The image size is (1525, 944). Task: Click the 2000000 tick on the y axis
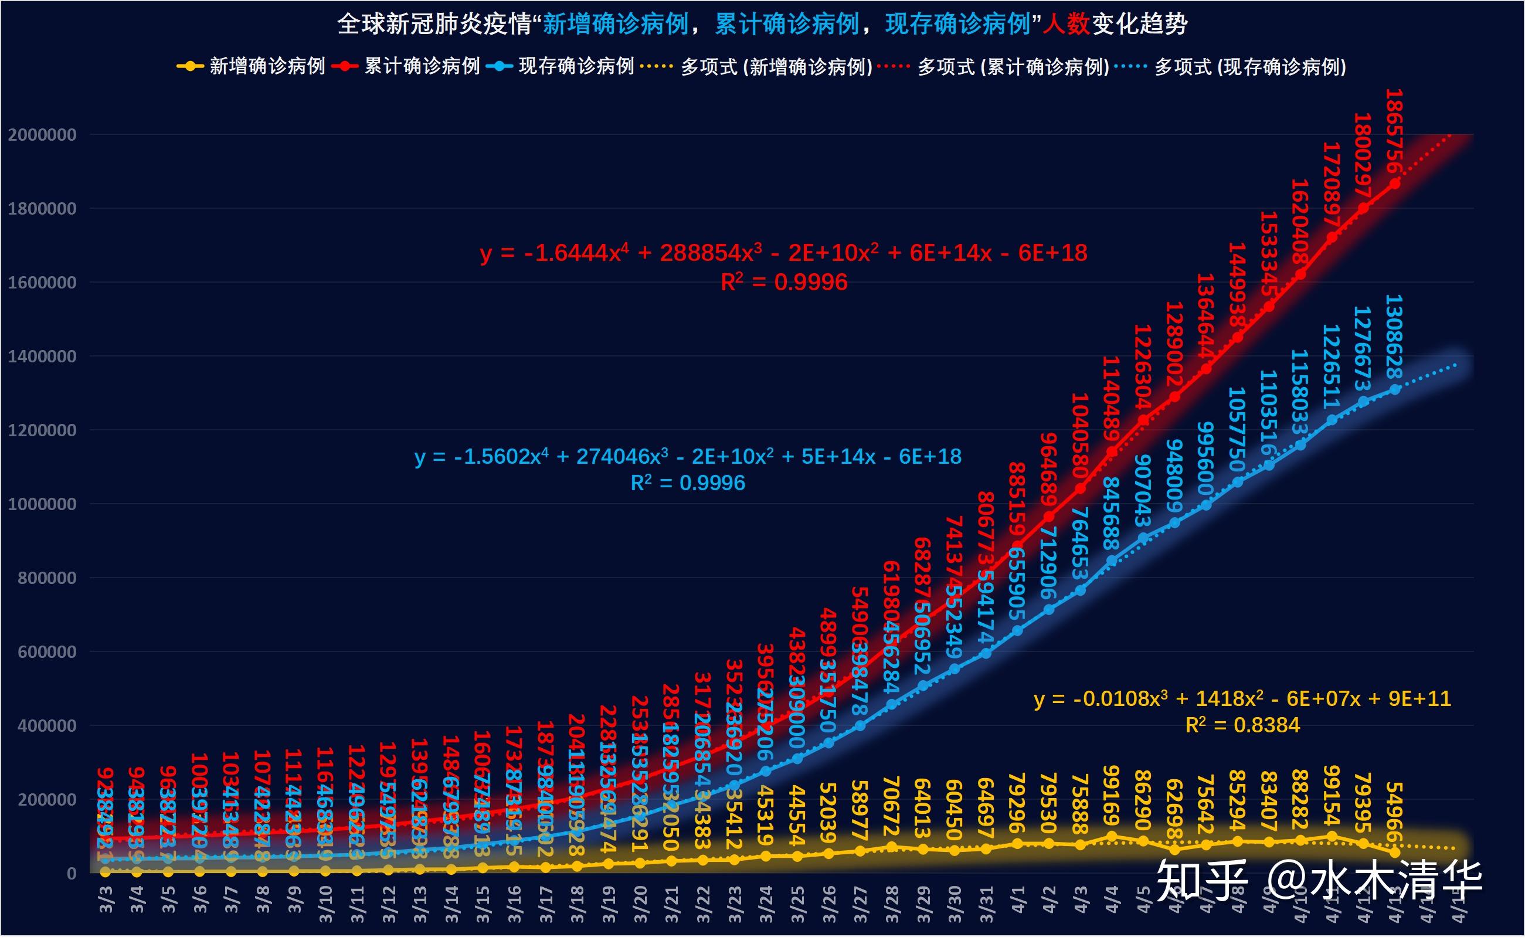pyautogui.click(x=42, y=135)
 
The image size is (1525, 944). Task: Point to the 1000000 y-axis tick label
pyautogui.click(x=42, y=504)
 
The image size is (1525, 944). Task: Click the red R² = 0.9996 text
pyautogui.click(x=783, y=283)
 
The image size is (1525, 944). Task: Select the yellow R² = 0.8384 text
pyautogui.click(x=1242, y=725)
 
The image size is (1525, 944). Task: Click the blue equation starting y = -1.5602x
pyautogui.click(x=687, y=457)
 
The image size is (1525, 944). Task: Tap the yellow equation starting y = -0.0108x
pyautogui.click(x=1242, y=699)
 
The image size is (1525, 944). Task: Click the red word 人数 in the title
pyautogui.click(x=1065, y=25)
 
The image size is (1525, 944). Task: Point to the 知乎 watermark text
pyautogui.click(x=1201, y=880)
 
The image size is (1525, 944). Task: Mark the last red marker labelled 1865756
pyautogui.click(x=1394, y=184)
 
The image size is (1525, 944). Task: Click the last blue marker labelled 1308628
pyautogui.click(x=1394, y=389)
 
